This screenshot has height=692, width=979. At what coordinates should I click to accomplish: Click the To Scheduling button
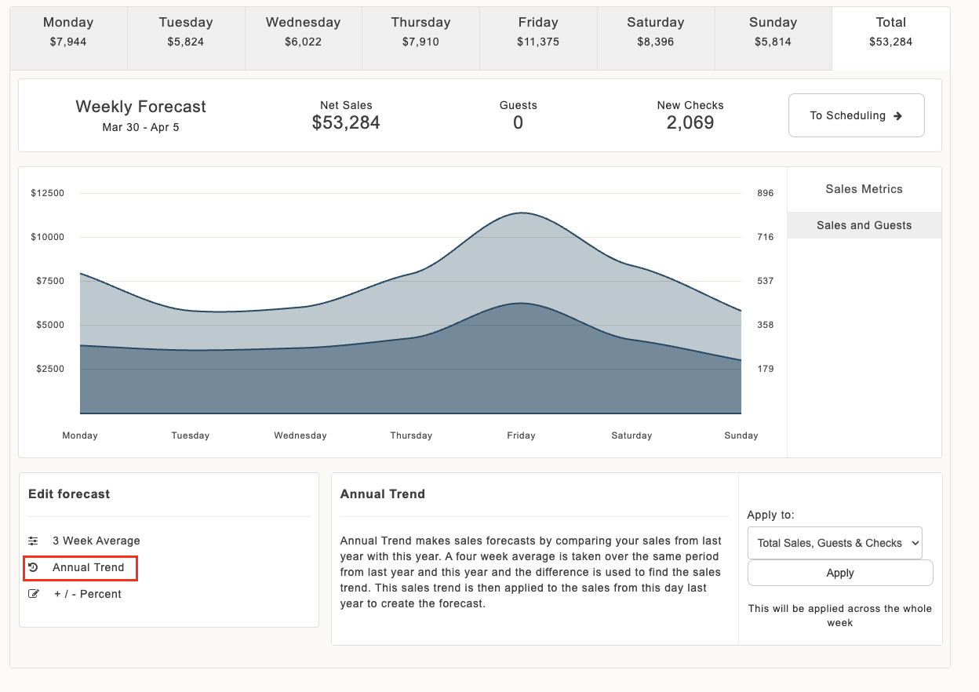[856, 115]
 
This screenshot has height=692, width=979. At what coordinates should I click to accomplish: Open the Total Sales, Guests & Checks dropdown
[835, 543]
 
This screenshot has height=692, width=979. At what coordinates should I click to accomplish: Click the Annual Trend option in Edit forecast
[81, 568]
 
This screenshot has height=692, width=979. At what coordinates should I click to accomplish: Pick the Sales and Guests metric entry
[864, 225]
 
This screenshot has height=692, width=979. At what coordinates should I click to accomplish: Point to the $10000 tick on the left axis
[47, 237]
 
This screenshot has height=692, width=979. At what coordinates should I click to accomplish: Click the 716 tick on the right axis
[766, 237]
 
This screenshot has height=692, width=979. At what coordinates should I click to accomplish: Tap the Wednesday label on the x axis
[300, 435]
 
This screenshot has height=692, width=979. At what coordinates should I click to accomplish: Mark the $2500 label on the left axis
[50, 369]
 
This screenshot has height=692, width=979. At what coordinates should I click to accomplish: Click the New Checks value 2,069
[690, 122]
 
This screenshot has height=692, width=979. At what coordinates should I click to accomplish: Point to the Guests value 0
[518, 122]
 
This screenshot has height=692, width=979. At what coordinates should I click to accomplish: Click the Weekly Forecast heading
[140, 107]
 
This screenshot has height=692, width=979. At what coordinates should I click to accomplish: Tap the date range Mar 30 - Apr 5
[140, 127]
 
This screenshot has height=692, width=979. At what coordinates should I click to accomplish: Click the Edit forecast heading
[69, 494]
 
